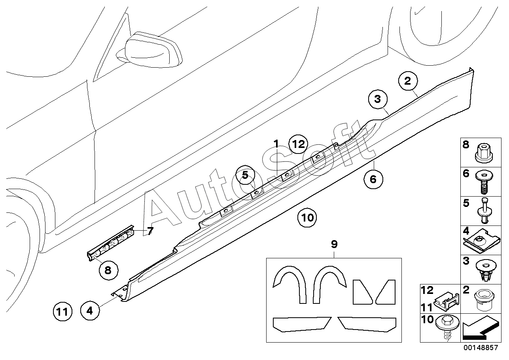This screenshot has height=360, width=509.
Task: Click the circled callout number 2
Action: (x=408, y=81)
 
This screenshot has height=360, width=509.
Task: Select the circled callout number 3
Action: (x=378, y=99)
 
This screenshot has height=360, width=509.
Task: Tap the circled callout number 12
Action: (x=298, y=144)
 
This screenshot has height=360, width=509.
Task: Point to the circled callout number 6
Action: (x=373, y=179)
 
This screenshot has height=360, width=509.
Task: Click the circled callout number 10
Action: (x=307, y=218)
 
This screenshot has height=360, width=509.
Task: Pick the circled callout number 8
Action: (x=108, y=270)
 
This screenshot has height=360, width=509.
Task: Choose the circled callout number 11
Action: (x=62, y=311)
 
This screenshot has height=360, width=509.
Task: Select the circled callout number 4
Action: (x=90, y=311)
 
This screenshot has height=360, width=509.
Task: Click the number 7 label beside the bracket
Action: (x=150, y=231)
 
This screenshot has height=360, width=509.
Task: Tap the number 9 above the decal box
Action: (x=334, y=244)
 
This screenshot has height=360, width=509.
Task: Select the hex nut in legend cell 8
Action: (x=484, y=153)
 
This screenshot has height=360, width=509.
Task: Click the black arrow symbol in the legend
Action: (x=481, y=329)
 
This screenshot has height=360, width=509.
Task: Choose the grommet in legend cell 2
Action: (x=484, y=300)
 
